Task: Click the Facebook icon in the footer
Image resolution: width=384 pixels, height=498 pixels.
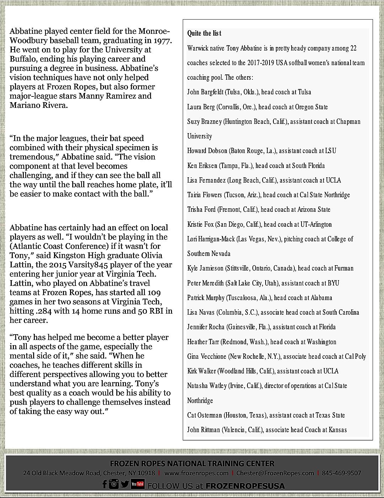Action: pos(105,484)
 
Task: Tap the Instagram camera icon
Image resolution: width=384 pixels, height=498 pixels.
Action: pos(114,484)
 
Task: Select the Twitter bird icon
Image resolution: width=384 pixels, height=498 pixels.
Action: pos(125,484)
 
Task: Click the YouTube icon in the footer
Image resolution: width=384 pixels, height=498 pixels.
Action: pos(138,484)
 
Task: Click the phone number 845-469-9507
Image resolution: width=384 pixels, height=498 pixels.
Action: pos(341,473)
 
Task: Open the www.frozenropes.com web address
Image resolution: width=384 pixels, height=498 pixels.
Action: pos(196,473)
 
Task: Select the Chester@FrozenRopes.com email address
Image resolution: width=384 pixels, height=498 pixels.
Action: pos(275,473)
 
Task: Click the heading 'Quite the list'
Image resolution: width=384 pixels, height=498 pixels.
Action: pos(204,33)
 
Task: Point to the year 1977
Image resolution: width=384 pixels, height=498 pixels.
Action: pos(162,41)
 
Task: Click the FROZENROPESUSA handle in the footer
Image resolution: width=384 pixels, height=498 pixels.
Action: pos(245,486)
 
